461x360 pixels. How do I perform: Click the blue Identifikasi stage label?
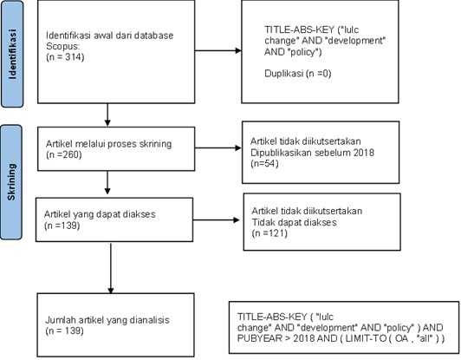click(12, 54)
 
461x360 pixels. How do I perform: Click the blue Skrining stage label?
click(11, 182)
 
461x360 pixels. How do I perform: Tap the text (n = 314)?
click(65, 56)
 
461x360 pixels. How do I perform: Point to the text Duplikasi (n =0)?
click(298, 73)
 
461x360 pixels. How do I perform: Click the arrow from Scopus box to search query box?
click(218, 50)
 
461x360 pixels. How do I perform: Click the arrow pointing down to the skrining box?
click(107, 115)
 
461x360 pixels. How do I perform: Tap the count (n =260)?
click(64, 154)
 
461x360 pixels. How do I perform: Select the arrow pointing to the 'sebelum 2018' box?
click(218, 147)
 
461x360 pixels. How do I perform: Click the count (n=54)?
click(264, 163)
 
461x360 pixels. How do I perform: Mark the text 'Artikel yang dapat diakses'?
click(100, 214)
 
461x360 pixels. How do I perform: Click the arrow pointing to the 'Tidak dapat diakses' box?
click(216, 219)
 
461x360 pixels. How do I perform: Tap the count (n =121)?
click(269, 233)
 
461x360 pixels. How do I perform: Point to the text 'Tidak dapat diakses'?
click(294, 222)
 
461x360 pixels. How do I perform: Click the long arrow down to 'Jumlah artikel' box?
click(111, 268)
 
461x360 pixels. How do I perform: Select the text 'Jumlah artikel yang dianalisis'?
click(107, 320)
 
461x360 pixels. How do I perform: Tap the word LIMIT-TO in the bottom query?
click(366, 338)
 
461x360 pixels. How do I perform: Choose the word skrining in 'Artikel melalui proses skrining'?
click(155, 144)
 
